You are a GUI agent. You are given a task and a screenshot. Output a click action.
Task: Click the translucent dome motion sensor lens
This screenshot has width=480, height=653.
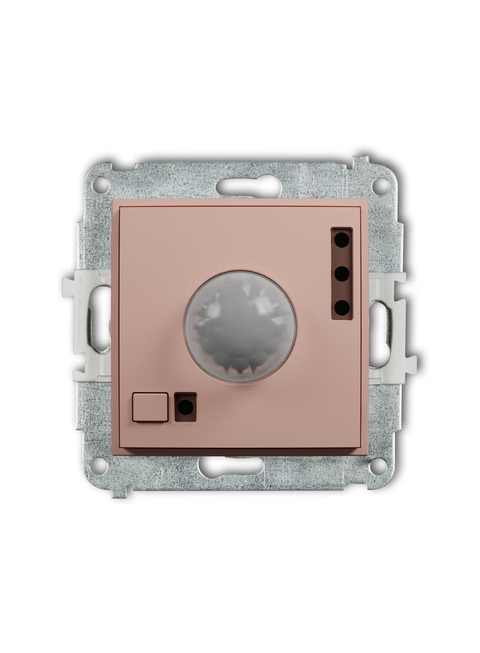[240, 326]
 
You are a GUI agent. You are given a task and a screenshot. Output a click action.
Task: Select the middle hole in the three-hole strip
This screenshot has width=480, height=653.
[342, 273]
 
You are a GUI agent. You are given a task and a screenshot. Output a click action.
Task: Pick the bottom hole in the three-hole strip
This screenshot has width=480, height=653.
[342, 306]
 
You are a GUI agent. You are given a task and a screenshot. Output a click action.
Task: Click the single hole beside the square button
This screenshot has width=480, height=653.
[186, 407]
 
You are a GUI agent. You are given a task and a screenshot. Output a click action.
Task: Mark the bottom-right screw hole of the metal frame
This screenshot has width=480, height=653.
[378, 466]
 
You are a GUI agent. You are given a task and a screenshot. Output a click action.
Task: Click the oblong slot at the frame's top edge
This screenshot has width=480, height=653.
[248, 185]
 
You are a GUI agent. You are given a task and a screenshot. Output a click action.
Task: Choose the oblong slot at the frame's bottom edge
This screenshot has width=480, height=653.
[231, 467]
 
